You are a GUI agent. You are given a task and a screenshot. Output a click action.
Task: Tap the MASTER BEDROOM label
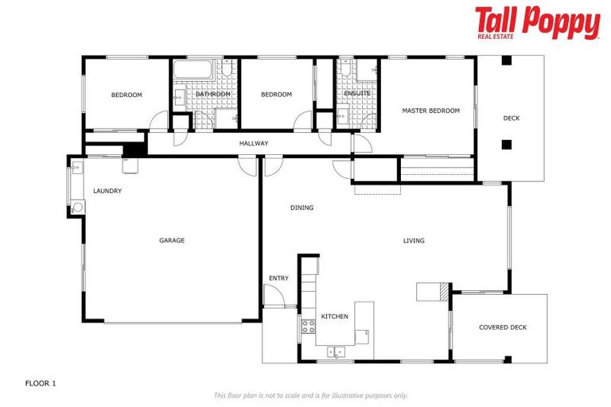tap(430, 110)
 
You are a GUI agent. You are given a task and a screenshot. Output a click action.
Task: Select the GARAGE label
tap(172, 240)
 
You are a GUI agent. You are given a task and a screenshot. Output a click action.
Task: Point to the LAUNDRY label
tap(107, 191)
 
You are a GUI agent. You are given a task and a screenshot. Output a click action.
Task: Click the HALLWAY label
tap(254, 143)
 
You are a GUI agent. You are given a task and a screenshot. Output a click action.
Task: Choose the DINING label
tap(302, 207)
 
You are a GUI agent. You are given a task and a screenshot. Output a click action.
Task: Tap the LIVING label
tap(414, 240)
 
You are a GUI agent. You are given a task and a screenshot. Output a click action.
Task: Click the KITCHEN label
tap(334, 316)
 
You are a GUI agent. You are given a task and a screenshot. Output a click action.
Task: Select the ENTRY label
tap(278, 278)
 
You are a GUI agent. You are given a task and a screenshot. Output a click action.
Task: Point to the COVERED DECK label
tap(502, 328)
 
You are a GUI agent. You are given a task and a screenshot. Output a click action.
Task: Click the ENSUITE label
tap(357, 94)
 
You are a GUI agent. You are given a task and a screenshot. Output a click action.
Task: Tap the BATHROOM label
tap(213, 94)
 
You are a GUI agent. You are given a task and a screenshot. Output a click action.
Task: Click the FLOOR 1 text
tap(41, 382)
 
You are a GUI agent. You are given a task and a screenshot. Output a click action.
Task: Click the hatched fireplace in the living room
tap(442, 292)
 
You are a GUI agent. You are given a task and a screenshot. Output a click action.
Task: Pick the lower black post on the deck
tap(505, 145)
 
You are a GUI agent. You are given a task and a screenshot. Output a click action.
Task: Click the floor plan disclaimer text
tap(310, 395)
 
